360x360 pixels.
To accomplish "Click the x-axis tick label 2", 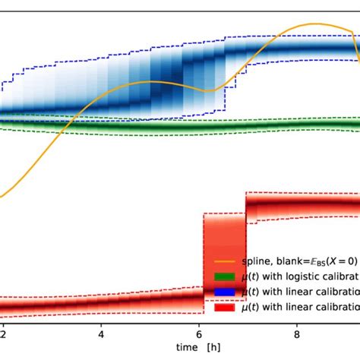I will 4,332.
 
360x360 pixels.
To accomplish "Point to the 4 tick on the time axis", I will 101,332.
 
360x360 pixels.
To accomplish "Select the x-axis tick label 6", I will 199,332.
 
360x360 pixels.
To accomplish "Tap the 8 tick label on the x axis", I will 297,332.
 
